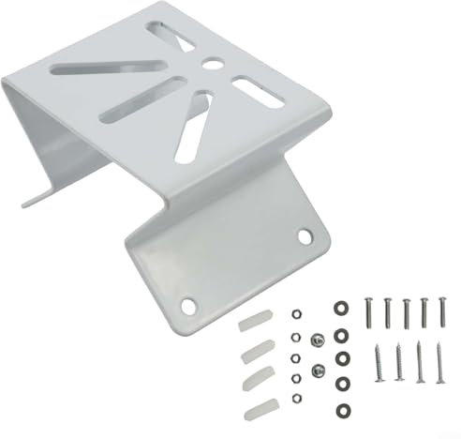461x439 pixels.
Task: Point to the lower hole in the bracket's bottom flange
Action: pyautogui.click(x=188, y=304)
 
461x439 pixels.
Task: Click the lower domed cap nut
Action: pyautogui.click(x=319, y=369)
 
